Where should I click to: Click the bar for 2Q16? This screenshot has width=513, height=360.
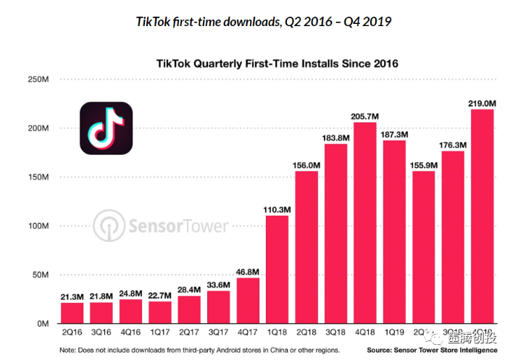click(x=71, y=313)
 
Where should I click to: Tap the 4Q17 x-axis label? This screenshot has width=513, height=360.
click(x=247, y=333)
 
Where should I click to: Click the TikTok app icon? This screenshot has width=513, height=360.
click(x=106, y=128)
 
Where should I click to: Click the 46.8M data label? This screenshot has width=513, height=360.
click(x=247, y=271)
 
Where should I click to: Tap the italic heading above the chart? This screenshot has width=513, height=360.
click(x=264, y=22)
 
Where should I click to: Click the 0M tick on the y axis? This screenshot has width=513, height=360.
click(x=42, y=325)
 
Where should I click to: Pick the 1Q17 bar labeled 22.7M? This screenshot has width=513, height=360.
click(x=159, y=313)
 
